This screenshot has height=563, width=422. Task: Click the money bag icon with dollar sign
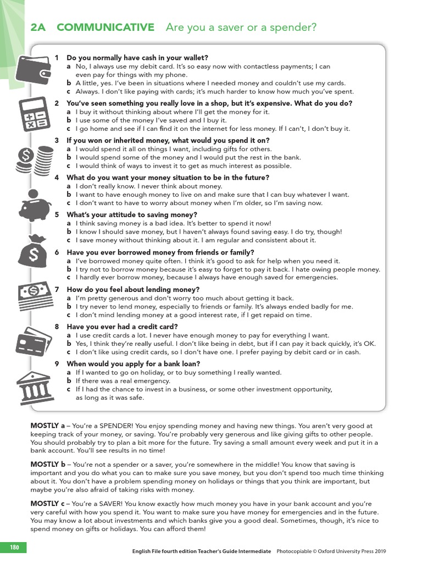pos(34,250)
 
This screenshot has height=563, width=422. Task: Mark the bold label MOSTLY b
pos(48,465)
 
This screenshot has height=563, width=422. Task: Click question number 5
pos(57,215)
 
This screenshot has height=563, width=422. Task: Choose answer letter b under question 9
pos(69,380)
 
